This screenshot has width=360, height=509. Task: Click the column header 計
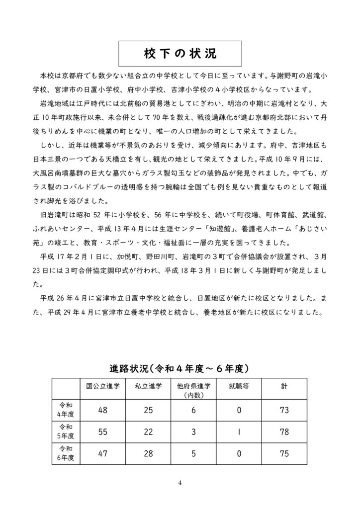click(x=284, y=386)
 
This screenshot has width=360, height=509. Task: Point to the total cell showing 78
click(x=284, y=432)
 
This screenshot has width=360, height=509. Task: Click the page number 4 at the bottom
click(x=180, y=482)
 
